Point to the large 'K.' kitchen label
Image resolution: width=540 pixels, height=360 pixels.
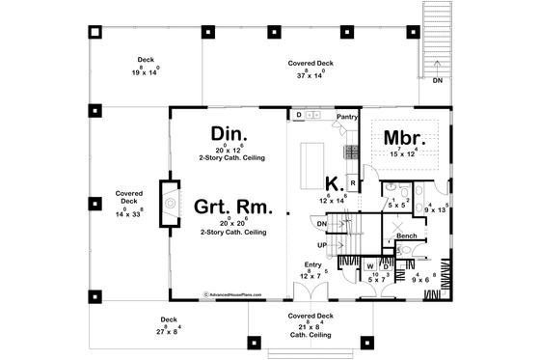[332, 182]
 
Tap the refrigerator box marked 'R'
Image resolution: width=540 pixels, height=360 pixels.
[353, 180]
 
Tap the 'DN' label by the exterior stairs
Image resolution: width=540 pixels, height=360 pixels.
[437, 80]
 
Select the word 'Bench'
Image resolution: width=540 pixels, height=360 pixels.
[406, 235]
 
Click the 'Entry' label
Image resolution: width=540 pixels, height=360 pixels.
[311, 263]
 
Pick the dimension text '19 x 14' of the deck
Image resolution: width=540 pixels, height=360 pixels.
[147, 72]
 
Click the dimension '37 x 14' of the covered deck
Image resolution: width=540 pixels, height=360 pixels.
[310, 74]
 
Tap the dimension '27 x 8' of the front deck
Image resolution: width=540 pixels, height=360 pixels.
[169, 331]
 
